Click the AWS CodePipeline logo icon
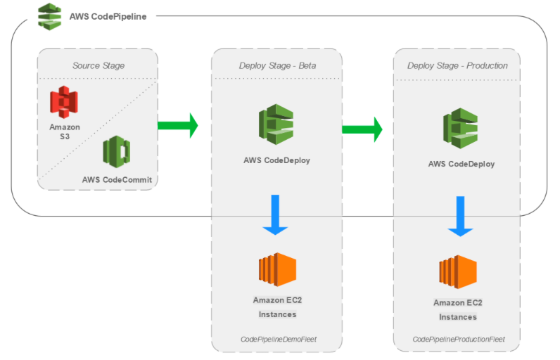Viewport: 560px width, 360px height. click(x=50, y=17)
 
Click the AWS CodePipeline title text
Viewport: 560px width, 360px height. click(x=108, y=17)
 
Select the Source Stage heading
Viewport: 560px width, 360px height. click(x=98, y=65)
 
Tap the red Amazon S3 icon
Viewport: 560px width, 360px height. click(x=64, y=102)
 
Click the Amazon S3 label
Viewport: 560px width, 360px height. click(x=65, y=131)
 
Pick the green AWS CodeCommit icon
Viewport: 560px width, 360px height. click(x=116, y=152)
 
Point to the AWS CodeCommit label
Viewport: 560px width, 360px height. click(x=117, y=180)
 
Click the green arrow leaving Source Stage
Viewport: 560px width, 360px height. click(x=178, y=126)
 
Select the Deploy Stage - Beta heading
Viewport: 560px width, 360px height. click(x=277, y=65)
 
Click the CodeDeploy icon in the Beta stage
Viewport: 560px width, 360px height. click(x=276, y=124)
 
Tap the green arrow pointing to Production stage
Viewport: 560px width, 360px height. click(x=362, y=129)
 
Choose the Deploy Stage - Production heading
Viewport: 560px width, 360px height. click(x=457, y=65)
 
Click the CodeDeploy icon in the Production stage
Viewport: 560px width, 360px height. click(x=460, y=128)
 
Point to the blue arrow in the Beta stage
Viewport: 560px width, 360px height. click(x=275, y=214)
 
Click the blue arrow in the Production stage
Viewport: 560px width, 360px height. click(x=460, y=217)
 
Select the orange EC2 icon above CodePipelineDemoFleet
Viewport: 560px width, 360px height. click(x=277, y=269)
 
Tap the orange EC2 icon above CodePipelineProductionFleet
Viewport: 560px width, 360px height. click(x=458, y=272)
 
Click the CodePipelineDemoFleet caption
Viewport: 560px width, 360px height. click(x=279, y=340)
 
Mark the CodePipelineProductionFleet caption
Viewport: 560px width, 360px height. click(x=459, y=340)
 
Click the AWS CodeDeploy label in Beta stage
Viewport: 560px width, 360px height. click(x=276, y=160)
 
